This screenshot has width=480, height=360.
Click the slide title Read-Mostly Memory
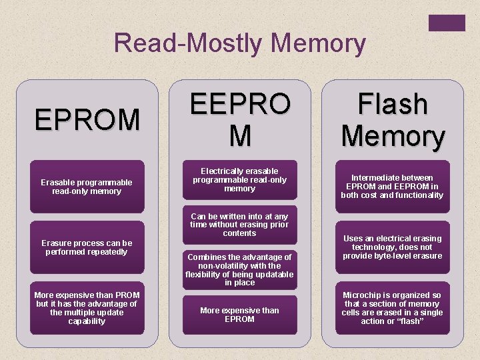[x=240, y=43]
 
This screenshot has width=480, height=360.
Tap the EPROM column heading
[x=87, y=120]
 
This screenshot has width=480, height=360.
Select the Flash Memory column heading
[x=393, y=120]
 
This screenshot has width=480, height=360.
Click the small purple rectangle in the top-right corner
[x=447, y=23]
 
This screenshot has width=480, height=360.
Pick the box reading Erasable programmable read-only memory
[x=87, y=187]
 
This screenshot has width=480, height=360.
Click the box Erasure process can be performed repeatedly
[x=87, y=247]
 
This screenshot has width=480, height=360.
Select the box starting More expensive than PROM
[x=87, y=308]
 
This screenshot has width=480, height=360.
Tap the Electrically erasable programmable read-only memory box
[x=239, y=180]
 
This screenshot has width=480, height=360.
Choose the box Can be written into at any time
[x=239, y=225]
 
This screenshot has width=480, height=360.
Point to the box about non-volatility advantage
[x=239, y=269]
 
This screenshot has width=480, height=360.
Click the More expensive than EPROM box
[x=239, y=315]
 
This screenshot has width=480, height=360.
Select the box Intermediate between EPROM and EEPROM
[x=392, y=187]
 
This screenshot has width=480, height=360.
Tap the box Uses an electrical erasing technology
[x=392, y=247]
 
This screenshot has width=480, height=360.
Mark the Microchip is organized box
[x=392, y=308]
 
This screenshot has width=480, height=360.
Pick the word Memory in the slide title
[x=319, y=43]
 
